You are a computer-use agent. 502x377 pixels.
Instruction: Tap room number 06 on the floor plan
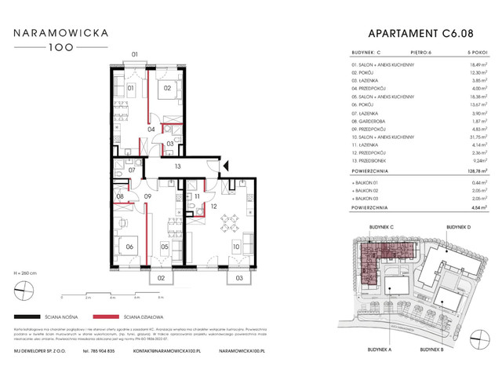coord(129,249)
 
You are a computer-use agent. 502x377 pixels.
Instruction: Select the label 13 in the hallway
coord(178,167)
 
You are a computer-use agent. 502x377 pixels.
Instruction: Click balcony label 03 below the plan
coord(238,278)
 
